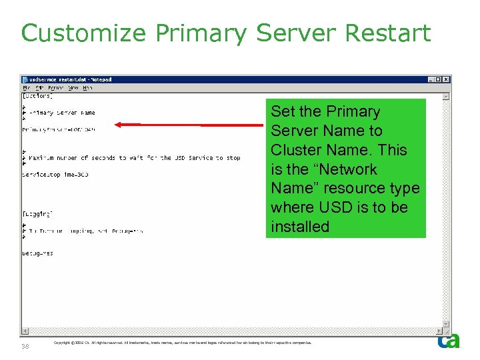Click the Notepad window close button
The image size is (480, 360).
(447, 79)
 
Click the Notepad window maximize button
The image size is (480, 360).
(439, 79)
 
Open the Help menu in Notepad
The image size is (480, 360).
(87, 87)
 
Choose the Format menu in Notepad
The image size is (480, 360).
(56, 87)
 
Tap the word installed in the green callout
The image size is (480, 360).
(300, 227)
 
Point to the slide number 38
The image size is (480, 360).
(25, 347)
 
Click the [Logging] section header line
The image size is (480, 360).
(37, 214)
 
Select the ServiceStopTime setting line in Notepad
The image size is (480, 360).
(55, 175)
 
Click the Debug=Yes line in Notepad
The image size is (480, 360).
(37, 253)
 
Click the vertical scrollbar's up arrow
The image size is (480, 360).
(447, 96)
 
